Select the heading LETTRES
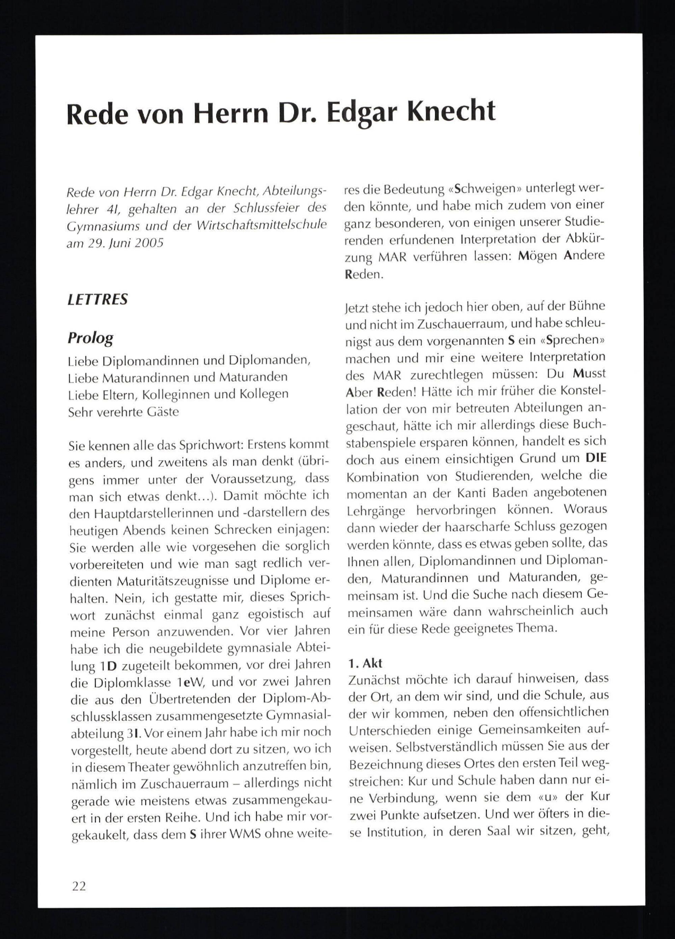pyautogui.click(x=98, y=299)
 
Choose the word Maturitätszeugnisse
pyautogui.click(x=173, y=581)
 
